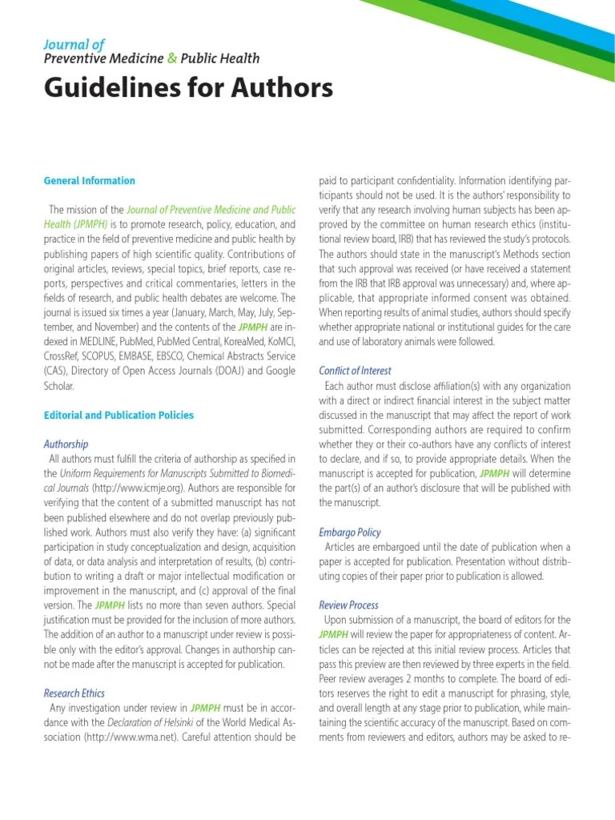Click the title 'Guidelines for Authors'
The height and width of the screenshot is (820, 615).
click(x=188, y=88)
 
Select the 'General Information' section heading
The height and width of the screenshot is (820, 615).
click(x=89, y=181)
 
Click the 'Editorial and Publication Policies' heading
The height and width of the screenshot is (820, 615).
click(x=119, y=415)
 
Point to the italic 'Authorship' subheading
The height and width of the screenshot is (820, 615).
click(x=66, y=444)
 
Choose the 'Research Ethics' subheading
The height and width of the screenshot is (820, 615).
click(x=74, y=693)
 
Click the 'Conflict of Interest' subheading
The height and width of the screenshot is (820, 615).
click(x=355, y=371)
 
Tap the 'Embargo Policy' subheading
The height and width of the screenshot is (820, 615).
click(x=350, y=532)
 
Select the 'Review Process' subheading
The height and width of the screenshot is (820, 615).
click(x=348, y=605)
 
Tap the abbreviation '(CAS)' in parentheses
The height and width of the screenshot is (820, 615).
click(x=57, y=370)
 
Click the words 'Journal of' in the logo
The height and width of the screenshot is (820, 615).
click(x=74, y=45)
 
